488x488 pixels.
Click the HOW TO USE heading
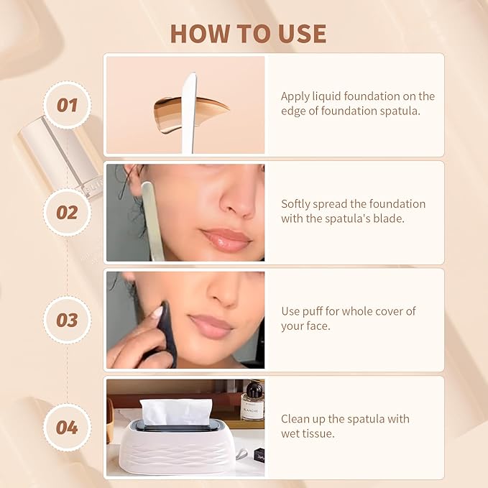[248, 33]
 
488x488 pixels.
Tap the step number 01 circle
[67, 105]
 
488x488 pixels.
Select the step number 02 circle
[67, 213]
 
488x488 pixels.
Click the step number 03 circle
[67, 320]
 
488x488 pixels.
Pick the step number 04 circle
[67, 428]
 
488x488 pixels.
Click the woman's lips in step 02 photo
[225, 239]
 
